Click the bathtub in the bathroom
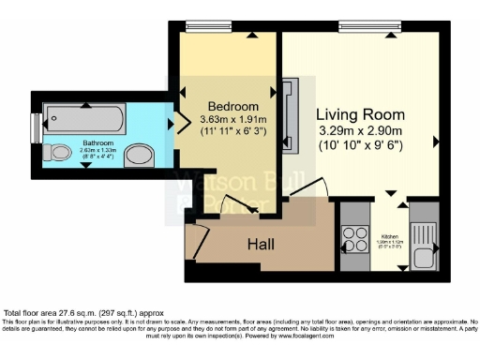click(x=83, y=117)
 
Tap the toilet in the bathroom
click(x=58, y=151)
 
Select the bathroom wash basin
click(x=141, y=155)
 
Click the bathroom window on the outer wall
click(x=36, y=125)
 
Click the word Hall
click(x=261, y=245)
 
